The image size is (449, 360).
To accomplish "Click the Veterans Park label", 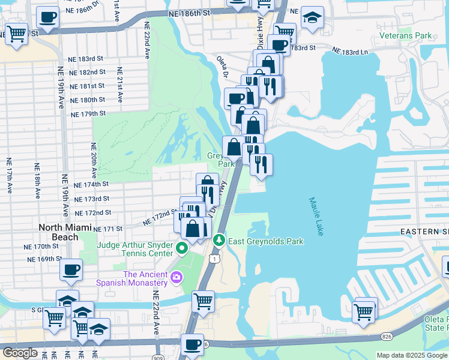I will click(x=406, y=35).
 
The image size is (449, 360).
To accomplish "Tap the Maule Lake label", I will click(x=316, y=216).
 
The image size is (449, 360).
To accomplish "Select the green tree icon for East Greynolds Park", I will click(x=219, y=241).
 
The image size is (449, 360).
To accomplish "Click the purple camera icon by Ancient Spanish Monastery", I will click(x=176, y=277).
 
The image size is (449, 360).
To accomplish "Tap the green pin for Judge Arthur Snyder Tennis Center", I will click(x=179, y=247).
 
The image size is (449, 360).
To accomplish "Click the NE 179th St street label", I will click(x=88, y=113).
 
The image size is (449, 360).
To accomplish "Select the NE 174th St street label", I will click(x=91, y=184).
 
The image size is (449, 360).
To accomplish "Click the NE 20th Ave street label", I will click(x=94, y=158).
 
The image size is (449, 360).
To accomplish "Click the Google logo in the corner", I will click(x=20, y=353).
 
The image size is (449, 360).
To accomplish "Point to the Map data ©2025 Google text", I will click(x=412, y=355).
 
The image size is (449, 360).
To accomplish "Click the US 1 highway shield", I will click(x=214, y=257).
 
